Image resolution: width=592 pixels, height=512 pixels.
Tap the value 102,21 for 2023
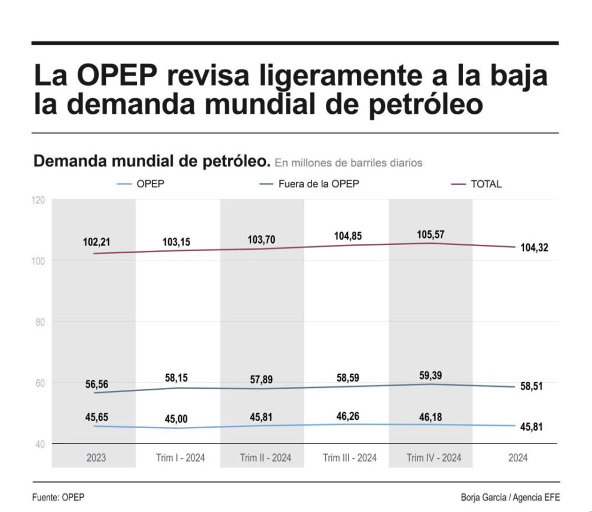(96, 243)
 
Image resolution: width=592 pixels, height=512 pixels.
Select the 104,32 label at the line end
(534, 247)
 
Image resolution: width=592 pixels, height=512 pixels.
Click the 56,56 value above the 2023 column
(96, 384)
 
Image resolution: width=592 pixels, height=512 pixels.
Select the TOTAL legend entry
(486, 184)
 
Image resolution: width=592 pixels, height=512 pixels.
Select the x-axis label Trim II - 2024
(266, 458)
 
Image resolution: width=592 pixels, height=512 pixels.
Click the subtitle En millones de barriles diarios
(349, 162)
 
